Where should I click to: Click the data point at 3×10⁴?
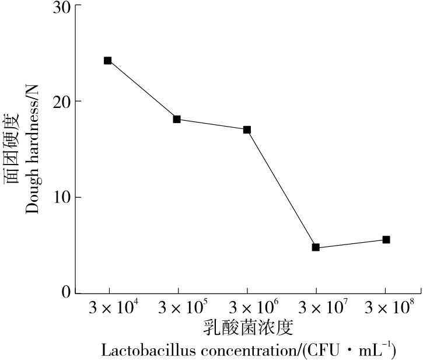tap(108, 61)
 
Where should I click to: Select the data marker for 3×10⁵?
tap(177, 120)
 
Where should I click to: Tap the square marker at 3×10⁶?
tap(247, 130)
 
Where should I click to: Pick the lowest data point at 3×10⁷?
tap(316, 247)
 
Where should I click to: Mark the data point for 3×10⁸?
tap(386, 240)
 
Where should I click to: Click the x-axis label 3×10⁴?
tap(109, 307)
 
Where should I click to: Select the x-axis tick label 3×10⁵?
tap(178, 307)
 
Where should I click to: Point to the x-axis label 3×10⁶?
tap(247, 307)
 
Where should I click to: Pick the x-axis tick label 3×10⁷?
tap(316, 307)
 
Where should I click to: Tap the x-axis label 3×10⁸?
tap(385, 307)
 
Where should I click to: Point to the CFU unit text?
tap(334, 351)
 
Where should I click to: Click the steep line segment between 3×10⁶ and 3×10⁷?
tap(281, 188)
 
